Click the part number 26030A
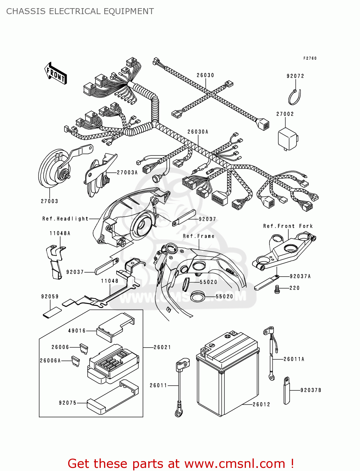click(x=198, y=132)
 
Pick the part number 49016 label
click(x=77, y=331)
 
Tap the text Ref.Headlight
click(x=65, y=219)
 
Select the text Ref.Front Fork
click(x=288, y=226)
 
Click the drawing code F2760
click(x=310, y=58)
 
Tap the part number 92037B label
click(x=311, y=390)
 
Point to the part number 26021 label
click(x=162, y=347)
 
